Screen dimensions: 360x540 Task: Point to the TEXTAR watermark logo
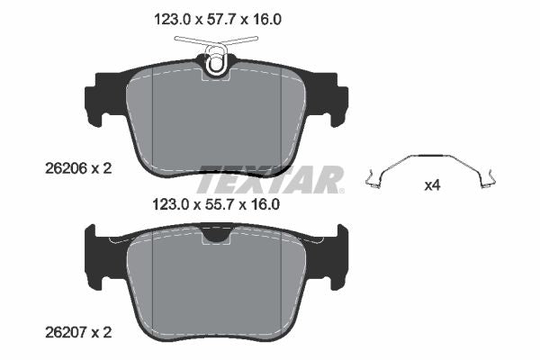point(271,180)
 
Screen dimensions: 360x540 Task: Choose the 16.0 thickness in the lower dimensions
point(264,204)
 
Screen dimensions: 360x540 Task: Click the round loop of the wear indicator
point(216,64)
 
